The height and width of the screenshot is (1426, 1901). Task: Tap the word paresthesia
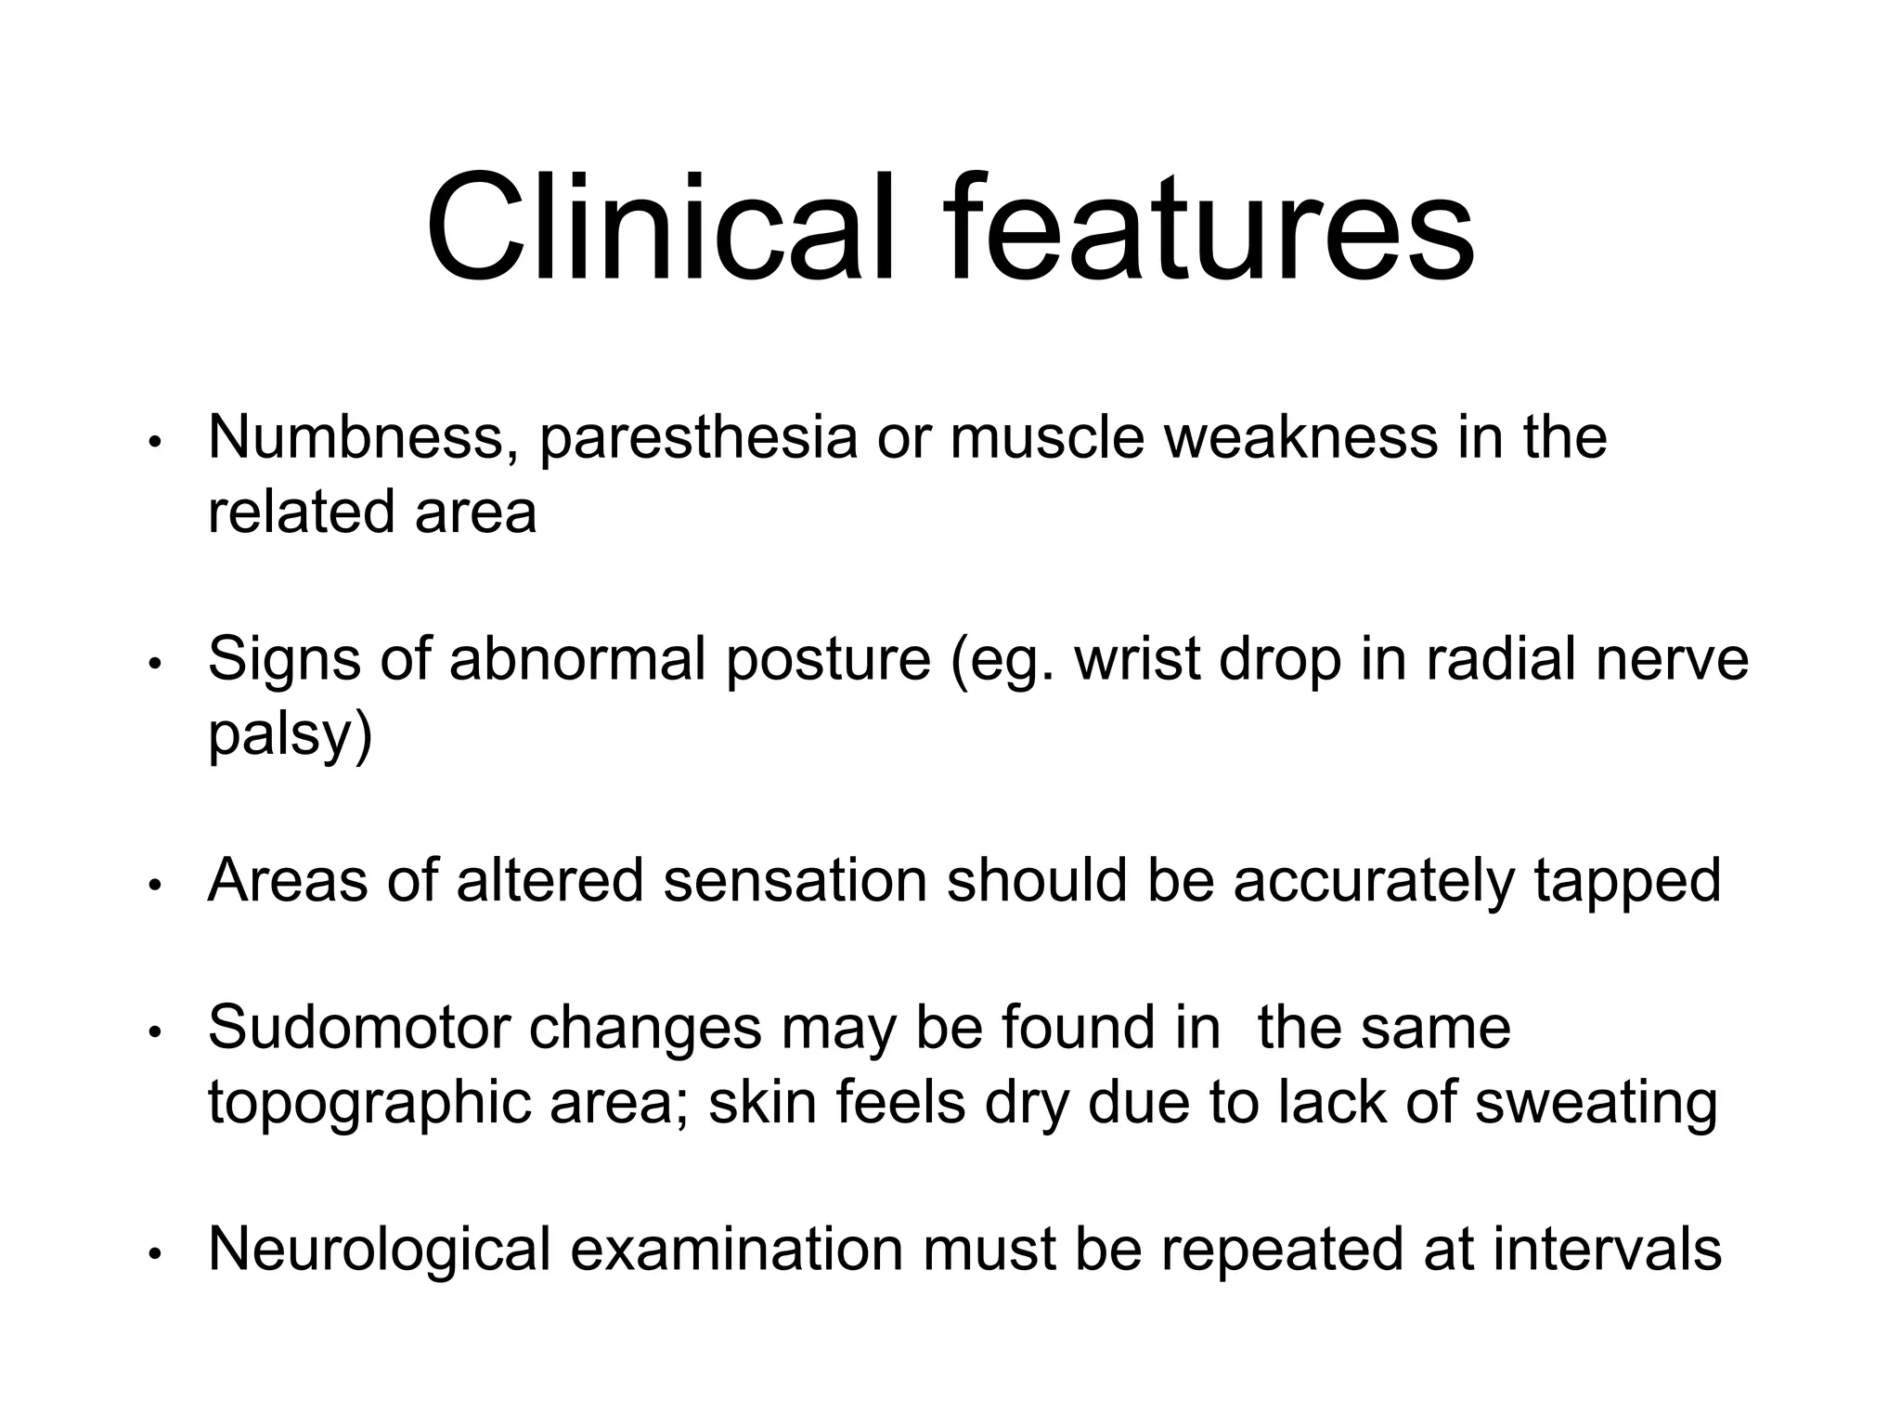pos(698,440)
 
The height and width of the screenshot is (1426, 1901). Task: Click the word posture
pos(828,661)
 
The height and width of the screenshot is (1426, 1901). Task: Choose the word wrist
pos(1137,659)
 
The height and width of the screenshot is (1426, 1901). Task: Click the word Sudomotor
pos(359,1028)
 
